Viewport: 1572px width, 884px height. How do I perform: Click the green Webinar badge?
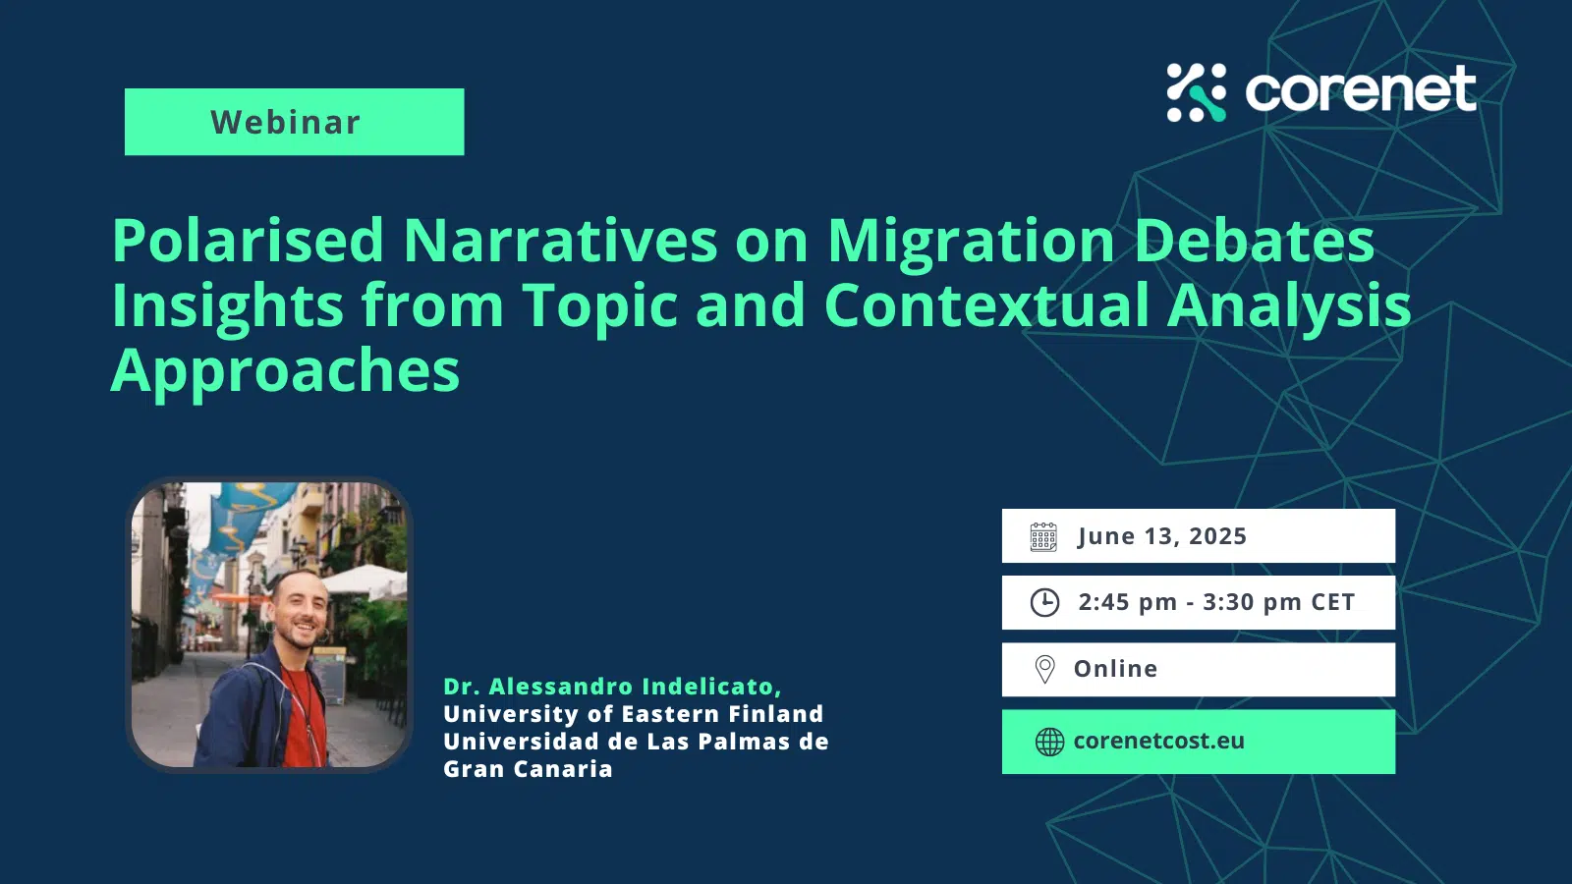click(294, 122)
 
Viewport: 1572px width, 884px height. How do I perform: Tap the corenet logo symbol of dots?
click(1196, 92)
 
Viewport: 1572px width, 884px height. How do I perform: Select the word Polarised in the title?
click(248, 241)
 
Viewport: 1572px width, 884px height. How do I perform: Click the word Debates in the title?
click(1254, 241)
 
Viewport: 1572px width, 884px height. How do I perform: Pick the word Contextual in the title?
click(986, 305)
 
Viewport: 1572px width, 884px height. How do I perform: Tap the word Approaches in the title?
click(285, 373)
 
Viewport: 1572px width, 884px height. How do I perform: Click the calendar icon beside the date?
click(1043, 536)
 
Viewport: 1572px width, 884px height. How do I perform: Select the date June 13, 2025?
click(1162, 536)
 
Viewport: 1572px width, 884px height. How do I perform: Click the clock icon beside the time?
click(1044, 603)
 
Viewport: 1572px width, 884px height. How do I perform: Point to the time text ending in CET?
click(1216, 603)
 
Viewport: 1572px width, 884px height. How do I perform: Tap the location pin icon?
click(1045, 669)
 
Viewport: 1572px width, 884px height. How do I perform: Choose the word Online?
click(1116, 669)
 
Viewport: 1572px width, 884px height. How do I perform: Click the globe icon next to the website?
click(1050, 742)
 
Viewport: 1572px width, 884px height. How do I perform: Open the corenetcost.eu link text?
click(1159, 741)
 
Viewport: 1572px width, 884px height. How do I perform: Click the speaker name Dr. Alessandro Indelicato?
click(613, 687)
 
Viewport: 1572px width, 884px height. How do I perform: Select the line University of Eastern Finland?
click(634, 714)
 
